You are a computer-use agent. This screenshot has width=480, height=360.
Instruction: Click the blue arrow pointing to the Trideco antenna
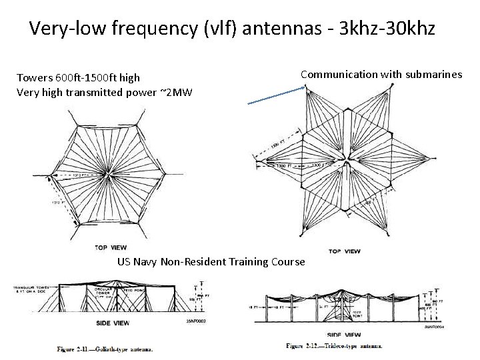pyautogui.click(x=275, y=97)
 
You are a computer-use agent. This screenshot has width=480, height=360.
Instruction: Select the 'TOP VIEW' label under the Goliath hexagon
pyautogui.click(x=111, y=247)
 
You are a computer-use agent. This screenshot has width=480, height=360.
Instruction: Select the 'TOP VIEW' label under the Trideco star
pyautogui.click(x=345, y=251)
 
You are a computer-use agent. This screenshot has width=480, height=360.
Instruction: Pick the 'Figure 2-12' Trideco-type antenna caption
pyautogui.click(x=334, y=345)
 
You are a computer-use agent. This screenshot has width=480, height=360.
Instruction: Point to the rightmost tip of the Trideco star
pyautogui.click(x=437, y=162)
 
